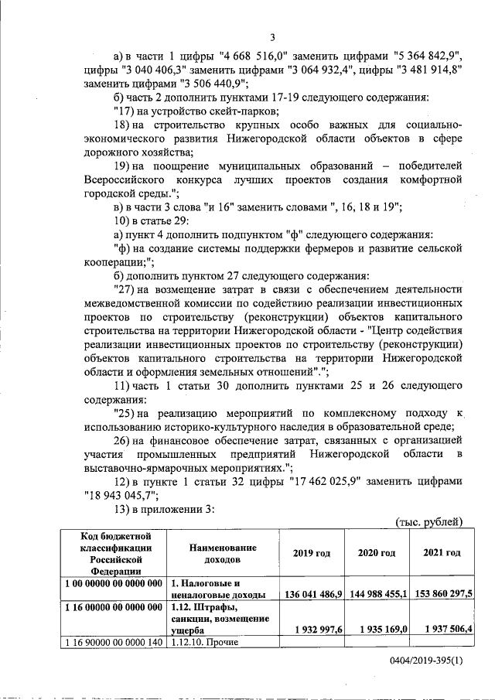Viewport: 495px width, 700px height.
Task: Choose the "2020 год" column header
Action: pyautogui.click(x=377, y=553)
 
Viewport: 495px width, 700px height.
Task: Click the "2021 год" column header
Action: pyautogui.click(x=442, y=553)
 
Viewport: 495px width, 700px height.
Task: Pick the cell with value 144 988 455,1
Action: pyautogui.click(x=377, y=594)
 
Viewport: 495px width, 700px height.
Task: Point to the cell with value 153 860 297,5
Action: pyautogui.click(x=442, y=594)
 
